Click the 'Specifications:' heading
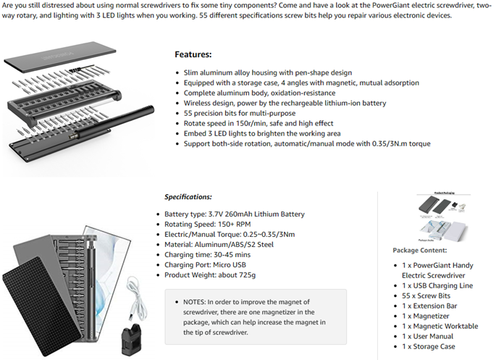188,197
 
